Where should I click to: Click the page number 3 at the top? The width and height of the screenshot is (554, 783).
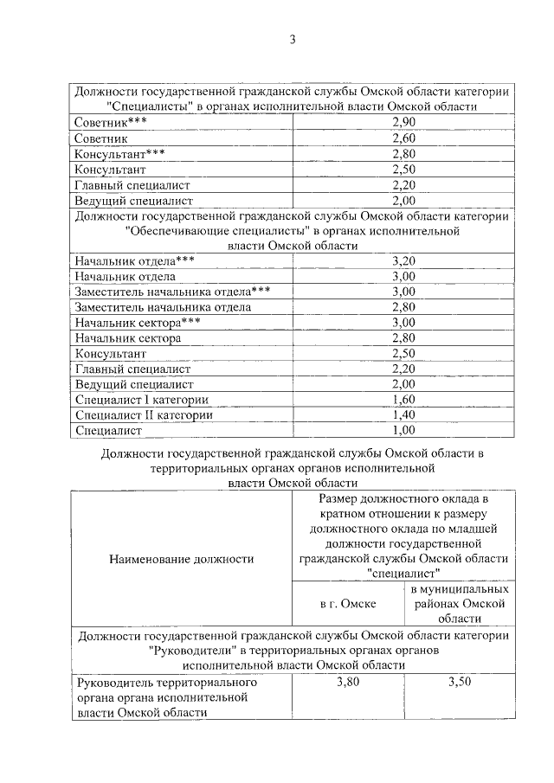coord(293,39)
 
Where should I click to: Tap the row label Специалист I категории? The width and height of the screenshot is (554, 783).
coord(142,399)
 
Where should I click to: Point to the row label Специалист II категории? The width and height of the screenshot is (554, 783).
coord(144,414)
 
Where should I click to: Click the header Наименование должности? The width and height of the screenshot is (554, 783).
coord(182,558)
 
